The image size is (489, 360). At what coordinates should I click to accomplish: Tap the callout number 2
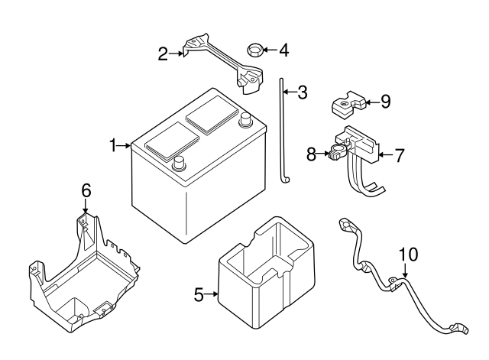click(163, 54)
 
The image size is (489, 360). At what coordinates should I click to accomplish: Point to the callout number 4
click(283, 51)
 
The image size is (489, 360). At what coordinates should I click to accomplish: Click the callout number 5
click(199, 294)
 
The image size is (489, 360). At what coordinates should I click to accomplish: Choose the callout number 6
click(86, 190)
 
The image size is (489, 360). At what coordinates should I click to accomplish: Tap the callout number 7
click(399, 154)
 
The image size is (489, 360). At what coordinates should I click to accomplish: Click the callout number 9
click(385, 100)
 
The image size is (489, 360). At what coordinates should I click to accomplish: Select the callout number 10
click(409, 254)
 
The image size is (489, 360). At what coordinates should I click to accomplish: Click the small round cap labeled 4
click(255, 52)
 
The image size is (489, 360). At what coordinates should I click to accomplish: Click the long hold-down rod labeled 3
click(282, 130)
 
